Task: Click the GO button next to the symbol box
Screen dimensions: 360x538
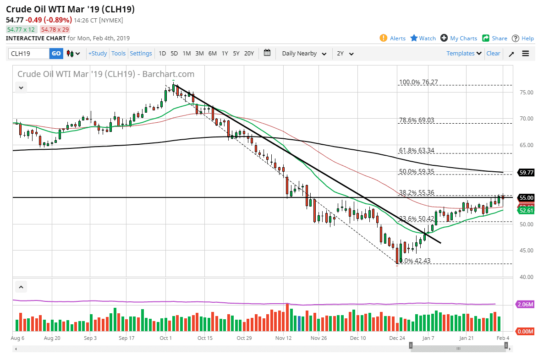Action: click(x=56, y=54)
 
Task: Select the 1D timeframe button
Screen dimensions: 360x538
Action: click(x=162, y=54)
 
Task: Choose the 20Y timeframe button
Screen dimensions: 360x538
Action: click(x=249, y=54)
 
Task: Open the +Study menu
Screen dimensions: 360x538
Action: click(x=98, y=54)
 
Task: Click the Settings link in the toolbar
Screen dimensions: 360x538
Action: click(x=141, y=54)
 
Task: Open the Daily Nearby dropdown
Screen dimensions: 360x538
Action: click(x=304, y=54)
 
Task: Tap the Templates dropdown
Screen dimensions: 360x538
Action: click(x=464, y=54)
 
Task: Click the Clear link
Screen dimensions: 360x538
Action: click(x=493, y=54)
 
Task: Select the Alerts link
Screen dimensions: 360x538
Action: click(x=393, y=38)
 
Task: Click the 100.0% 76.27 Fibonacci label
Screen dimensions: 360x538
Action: click(x=418, y=82)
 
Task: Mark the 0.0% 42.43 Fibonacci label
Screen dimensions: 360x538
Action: click(x=415, y=261)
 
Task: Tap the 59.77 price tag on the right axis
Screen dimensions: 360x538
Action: click(x=526, y=173)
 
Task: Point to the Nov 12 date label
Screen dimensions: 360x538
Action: click(x=284, y=338)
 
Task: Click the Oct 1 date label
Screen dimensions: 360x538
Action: click(x=165, y=338)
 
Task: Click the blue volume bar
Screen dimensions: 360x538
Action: click(x=299, y=323)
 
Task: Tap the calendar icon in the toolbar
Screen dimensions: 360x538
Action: click(x=268, y=53)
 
